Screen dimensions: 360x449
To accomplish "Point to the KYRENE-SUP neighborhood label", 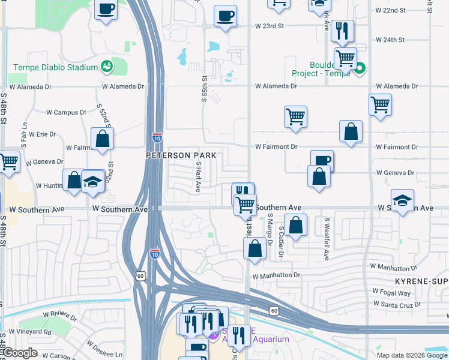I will coord(421,281).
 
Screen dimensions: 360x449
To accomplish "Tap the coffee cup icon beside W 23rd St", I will coord(226,16).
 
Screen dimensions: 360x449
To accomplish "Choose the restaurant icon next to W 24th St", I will coord(342,31).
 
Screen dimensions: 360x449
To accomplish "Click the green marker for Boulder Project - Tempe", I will coord(360,68).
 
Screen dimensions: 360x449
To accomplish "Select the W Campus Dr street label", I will coord(67,112).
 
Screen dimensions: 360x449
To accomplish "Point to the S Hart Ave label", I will coord(197,176).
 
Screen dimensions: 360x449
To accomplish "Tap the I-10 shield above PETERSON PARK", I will coord(157,137).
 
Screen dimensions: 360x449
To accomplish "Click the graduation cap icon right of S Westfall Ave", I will coord(402,200).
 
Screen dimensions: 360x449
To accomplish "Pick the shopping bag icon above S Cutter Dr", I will coord(296,226).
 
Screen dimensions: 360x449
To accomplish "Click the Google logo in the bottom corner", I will coord(19,353).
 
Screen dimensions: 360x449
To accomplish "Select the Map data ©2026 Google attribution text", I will coord(411,355).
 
